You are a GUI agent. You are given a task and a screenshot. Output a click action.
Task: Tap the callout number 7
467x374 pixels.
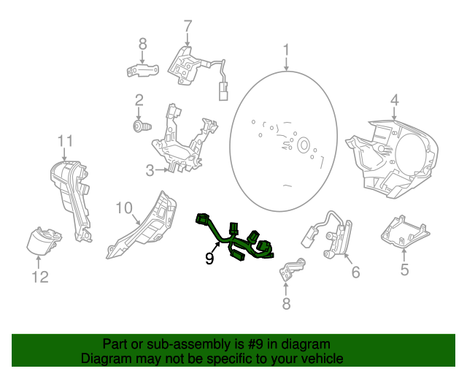pos(188,27)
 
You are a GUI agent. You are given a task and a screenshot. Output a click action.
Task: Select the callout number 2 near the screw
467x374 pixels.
pos(138,99)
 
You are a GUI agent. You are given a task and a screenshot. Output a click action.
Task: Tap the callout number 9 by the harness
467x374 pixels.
pos(209,259)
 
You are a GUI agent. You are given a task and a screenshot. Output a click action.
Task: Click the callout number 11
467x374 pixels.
pos(66,140)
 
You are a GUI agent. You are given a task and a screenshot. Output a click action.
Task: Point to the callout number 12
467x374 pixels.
pos(39,276)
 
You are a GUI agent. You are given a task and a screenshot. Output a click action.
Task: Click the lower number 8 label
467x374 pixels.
pos(286,303)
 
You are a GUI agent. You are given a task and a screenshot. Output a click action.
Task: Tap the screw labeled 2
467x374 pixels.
pos(138,127)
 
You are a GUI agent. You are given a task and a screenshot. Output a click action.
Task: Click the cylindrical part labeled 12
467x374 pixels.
pos(42,241)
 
